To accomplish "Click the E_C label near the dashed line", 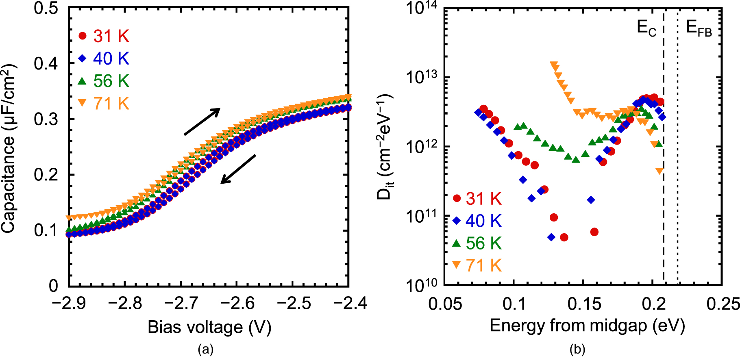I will click(x=646, y=28).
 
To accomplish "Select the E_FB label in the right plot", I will click(x=699, y=28).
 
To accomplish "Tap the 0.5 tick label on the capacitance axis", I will click(x=46, y=8).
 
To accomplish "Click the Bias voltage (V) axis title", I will click(x=209, y=327).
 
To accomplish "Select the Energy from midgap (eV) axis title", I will click(x=587, y=325).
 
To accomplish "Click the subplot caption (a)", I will click(x=205, y=349).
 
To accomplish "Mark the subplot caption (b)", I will click(x=577, y=349).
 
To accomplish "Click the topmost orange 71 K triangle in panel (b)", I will click(x=553, y=65).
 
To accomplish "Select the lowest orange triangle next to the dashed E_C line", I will click(x=659, y=171).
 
